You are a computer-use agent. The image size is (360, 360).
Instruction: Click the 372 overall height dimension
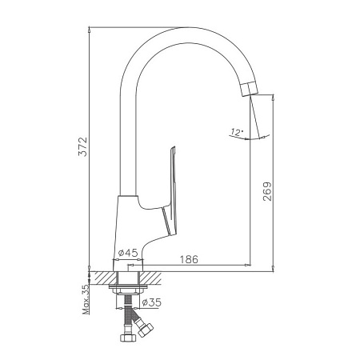pos(83,146)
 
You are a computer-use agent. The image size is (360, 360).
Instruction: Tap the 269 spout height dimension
pos(267,191)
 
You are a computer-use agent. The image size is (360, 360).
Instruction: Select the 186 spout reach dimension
pos(189,259)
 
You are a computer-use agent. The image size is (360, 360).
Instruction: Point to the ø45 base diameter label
pos(128,253)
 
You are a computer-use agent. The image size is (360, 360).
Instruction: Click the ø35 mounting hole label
pos(152,302)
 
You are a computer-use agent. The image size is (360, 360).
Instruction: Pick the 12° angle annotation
pos(238,132)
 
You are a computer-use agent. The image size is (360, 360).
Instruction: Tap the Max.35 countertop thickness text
pos(86,299)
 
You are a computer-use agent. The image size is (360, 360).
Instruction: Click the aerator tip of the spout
pos(250,89)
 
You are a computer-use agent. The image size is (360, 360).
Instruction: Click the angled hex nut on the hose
pos(145,330)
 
